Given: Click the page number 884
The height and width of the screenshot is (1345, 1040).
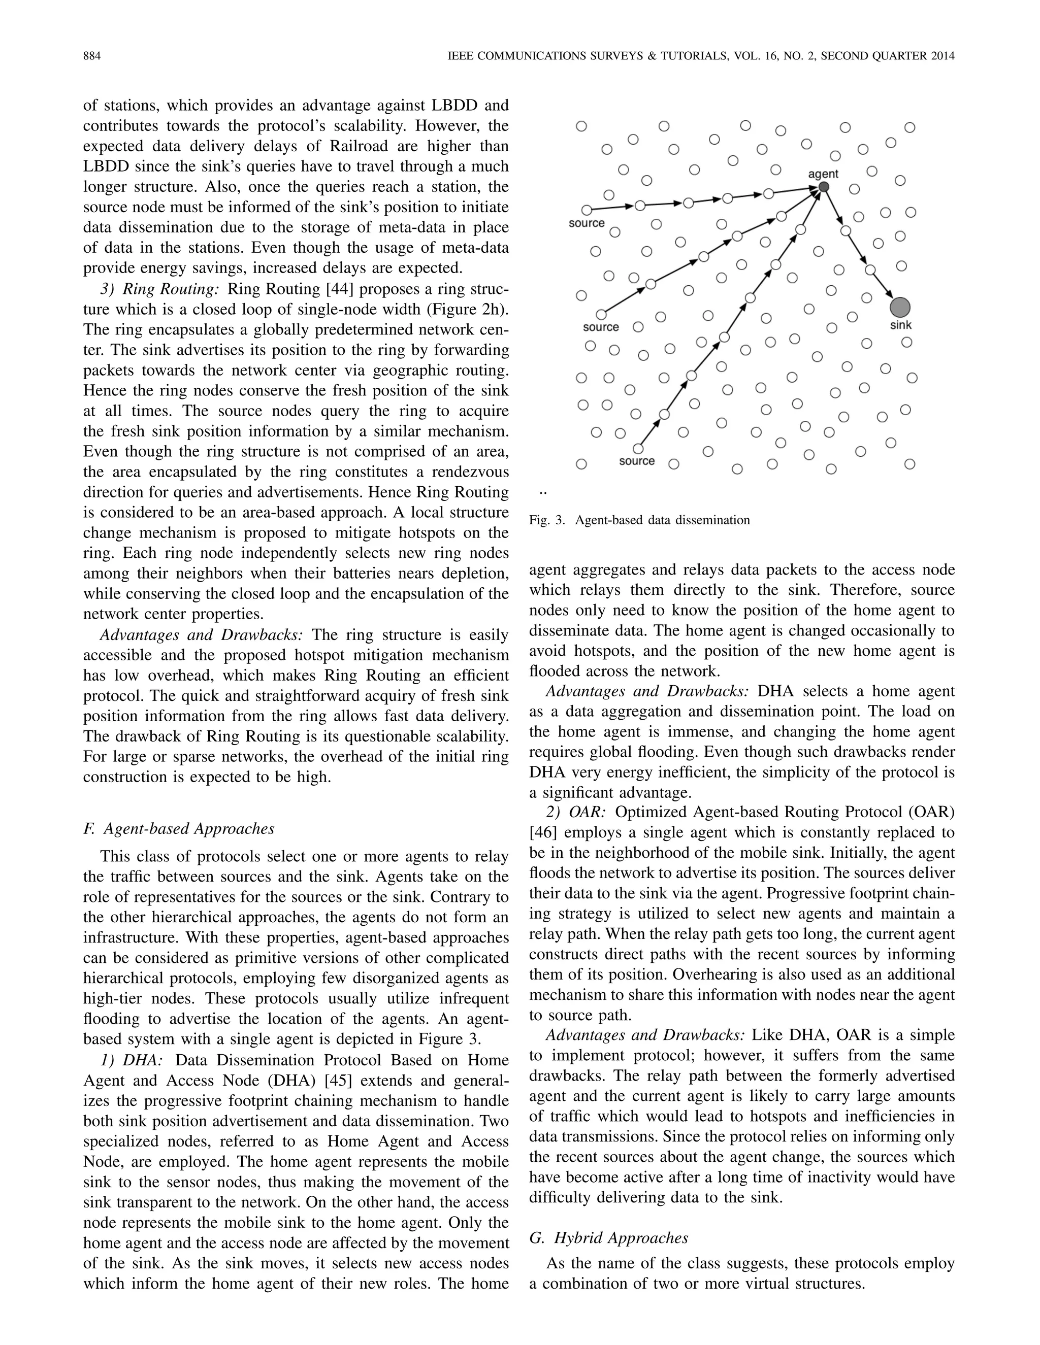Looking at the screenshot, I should tap(92, 56).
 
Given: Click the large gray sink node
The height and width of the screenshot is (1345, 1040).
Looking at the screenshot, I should tap(900, 307).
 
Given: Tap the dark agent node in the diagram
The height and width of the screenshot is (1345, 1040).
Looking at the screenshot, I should tap(824, 187).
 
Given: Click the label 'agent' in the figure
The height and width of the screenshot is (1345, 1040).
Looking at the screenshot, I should tap(823, 174).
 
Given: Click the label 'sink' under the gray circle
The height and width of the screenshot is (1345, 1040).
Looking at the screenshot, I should tap(901, 325).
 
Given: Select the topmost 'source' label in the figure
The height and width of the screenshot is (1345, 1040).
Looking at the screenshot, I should tap(587, 223).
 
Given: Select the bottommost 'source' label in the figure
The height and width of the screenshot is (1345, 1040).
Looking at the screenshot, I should tap(637, 461).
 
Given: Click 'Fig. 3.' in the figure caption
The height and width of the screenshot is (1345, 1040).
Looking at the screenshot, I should tap(547, 520).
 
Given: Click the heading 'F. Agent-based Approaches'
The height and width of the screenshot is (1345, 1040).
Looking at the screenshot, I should tap(179, 828).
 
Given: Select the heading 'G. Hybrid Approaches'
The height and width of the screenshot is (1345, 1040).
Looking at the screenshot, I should tap(609, 1237).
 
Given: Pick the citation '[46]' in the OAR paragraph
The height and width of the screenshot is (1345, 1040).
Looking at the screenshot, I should tap(543, 832).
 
